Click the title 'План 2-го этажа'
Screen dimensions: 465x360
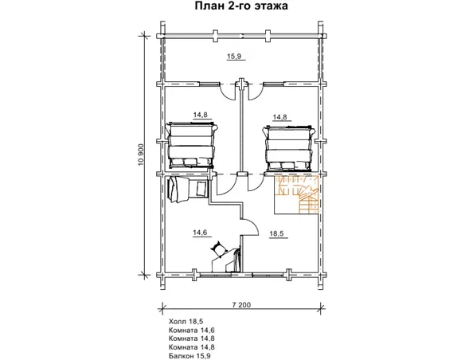[x=241, y=6]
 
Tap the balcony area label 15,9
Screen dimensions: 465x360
[x=234, y=56]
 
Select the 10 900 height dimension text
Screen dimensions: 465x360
[x=141, y=155]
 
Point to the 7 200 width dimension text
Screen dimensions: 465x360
[x=240, y=304]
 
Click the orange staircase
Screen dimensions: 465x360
[x=296, y=194]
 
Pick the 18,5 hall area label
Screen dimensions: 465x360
[x=276, y=233]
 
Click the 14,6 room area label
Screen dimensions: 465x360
[x=200, y=233]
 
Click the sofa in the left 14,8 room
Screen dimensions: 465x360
[x=192, y=145]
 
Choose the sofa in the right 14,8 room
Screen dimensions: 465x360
[x=288, y=148]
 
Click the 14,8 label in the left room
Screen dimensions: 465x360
[x=200, y=115]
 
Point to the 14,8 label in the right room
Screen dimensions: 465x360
[x=280, y=117]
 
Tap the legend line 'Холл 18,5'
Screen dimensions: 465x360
[x=186, y=321]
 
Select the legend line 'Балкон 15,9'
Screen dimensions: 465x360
[x=190, y=355]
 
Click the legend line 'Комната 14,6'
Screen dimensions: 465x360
[x=192, y=330]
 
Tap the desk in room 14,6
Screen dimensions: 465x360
[x=226, y=260]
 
